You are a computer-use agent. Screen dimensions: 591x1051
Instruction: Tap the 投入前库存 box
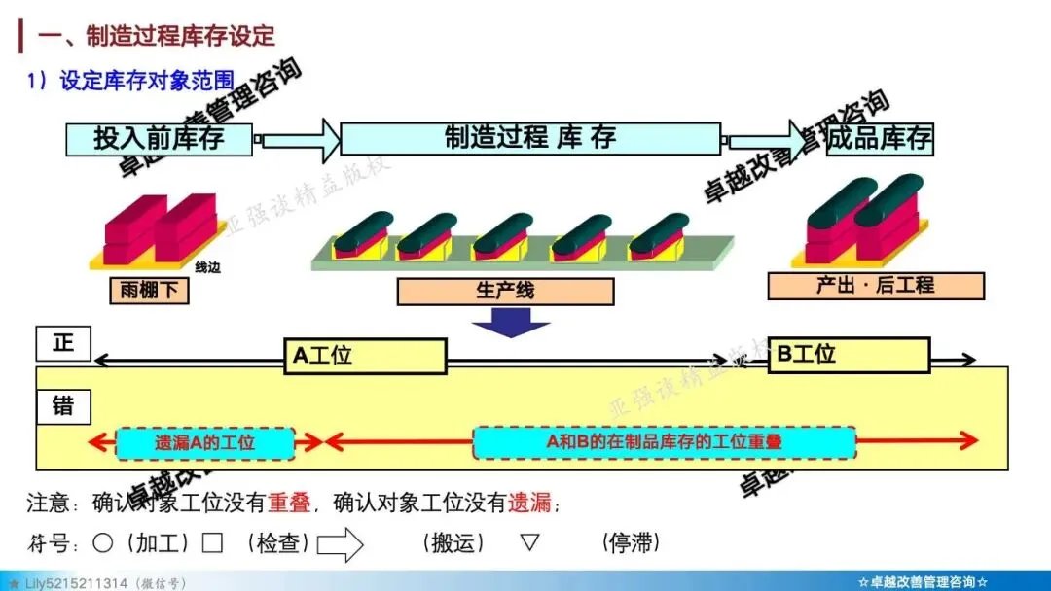tap(159, 138)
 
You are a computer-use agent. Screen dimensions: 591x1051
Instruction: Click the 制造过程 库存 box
tap(530, 138)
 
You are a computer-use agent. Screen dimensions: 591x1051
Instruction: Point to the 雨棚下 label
tap(148, 289)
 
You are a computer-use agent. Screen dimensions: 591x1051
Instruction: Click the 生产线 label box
tap(505, 292)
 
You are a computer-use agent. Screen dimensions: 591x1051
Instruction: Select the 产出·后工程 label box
tap(875, 286)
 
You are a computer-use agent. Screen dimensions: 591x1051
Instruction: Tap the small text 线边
tap(207, 267)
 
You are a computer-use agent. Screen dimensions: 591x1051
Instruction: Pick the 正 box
tap(62, 343)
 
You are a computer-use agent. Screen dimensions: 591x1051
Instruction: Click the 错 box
tap(62, 405)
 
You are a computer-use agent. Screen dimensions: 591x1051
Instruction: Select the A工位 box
tap(365, 357)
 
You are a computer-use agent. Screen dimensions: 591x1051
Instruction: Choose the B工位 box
tap(849, 355)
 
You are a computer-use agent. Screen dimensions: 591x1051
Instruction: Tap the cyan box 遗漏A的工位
tap(205, 443)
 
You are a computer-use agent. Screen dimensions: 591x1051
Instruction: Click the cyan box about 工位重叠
tap(665, 442)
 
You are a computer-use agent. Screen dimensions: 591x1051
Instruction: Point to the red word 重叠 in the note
tap(289, 503)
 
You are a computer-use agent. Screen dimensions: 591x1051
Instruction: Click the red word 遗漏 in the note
tap(528, 503)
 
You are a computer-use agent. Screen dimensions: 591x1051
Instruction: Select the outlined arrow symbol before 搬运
tap(340, 543)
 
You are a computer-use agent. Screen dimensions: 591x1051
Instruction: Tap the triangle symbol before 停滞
tap(529, 541)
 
